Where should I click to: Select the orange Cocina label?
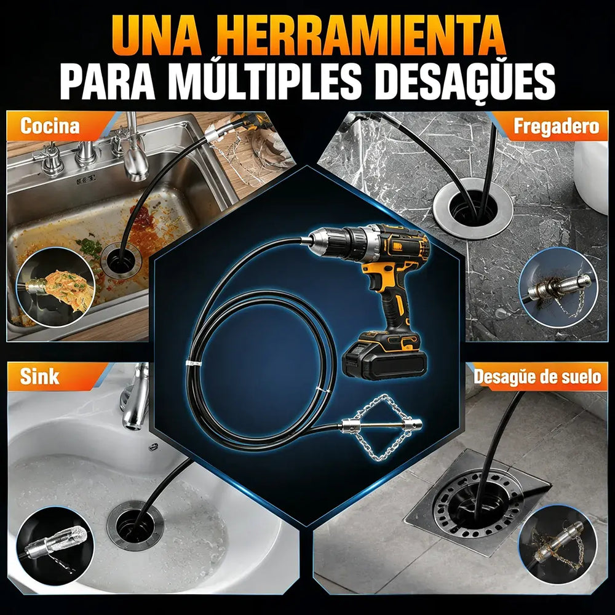click(50, 126)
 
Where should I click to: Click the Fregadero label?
click(557, 126)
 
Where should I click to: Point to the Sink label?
click(39, 376)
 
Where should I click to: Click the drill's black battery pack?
click(384, 357)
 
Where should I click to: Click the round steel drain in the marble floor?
click(473, 208)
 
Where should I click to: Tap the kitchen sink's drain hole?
click(121, 261)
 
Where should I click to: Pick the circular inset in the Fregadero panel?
click(558, 287)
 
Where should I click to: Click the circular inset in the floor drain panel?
click(558, 545)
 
